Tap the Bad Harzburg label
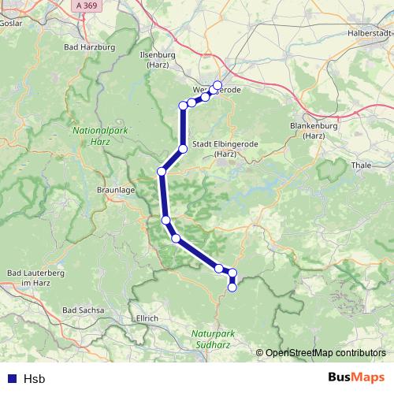(x=90, y=47)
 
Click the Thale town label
(x=359, y=165)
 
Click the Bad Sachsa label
(x=83, y=310)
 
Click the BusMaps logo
(x=356, y=378)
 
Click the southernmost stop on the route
(x=232, y=288)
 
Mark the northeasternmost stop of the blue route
(x=217, y=85)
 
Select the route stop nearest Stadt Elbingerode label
(x=183, y=148)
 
